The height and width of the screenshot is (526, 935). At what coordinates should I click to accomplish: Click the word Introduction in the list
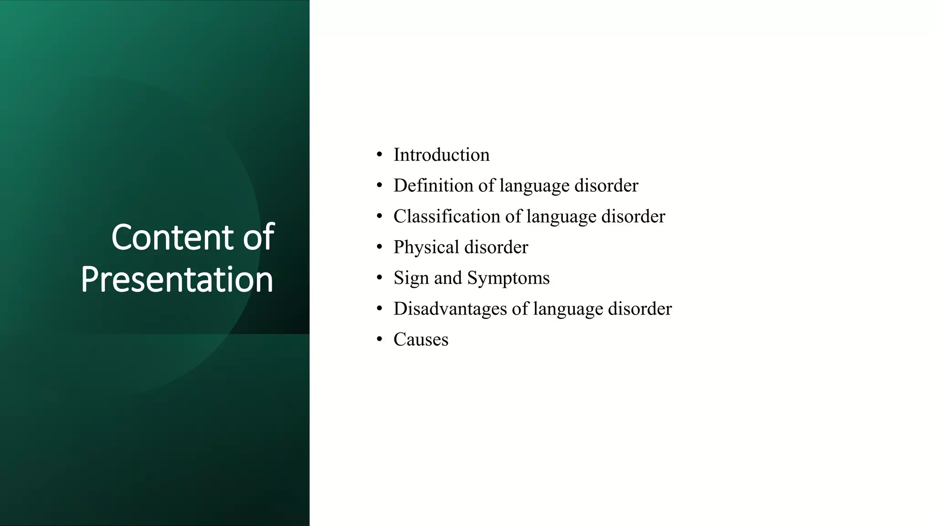[x=441, y=155]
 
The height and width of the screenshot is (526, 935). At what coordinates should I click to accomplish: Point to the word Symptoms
[x=508, y=278]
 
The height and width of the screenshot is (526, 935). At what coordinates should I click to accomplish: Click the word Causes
[x=421, y=340]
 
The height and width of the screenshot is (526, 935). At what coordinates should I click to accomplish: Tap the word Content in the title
[x=173, y=237]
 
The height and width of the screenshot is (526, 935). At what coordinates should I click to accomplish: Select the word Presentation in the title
[x=177, y=279]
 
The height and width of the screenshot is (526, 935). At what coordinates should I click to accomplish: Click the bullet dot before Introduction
[x=379, y=155]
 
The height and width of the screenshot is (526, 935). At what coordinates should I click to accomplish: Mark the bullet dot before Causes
[x=379, y=340]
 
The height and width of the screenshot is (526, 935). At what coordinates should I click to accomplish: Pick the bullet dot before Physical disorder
[x=379, y=247]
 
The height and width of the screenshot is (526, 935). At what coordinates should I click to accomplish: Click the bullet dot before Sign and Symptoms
[x=379, y=278]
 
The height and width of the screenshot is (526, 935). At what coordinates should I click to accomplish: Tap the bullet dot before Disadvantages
[x=379, y=309]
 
